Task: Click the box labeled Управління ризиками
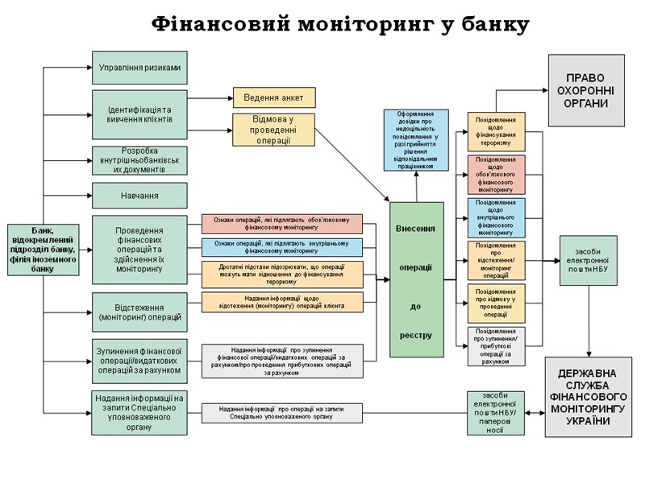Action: (139, 68)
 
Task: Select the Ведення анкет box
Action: (274, 97)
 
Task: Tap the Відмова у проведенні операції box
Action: (274, 130)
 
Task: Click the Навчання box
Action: (139, 196)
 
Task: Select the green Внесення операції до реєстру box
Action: (416, 279)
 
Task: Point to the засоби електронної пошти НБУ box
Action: (589, 260)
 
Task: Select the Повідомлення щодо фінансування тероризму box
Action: (496, 131)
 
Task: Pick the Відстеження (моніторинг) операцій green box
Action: (139, 312)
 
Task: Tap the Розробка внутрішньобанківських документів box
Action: (139, 160)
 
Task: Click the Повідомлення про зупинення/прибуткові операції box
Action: (496, 346)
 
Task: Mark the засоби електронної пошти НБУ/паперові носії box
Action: (495, 412)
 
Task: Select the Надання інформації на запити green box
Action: (139, 412)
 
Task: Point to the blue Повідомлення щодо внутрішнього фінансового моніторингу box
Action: (496, 217)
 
